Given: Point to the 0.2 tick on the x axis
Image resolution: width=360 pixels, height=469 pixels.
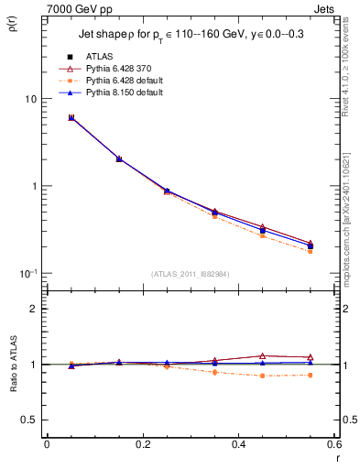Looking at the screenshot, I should pos(142,444).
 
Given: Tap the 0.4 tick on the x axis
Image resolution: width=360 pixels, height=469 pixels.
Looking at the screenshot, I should pos(238,444).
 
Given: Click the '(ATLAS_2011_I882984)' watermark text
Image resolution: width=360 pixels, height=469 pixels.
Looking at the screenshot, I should pos(189,273).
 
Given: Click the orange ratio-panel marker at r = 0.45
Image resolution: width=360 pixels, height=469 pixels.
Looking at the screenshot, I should pos(262,376).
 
